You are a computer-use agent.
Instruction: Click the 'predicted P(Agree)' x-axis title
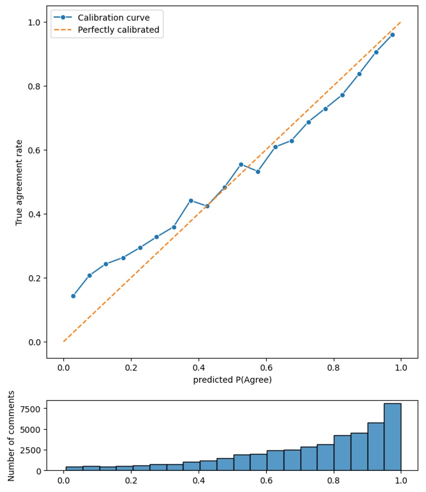tap(232, 380)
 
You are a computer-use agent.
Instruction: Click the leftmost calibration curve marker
tap(73, 296)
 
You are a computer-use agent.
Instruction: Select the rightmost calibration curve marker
tap(392, 35)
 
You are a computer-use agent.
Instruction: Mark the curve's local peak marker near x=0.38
tap(191, 201)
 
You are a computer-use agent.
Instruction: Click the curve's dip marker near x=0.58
tap(258, 171)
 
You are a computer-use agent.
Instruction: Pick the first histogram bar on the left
tap(74, 469)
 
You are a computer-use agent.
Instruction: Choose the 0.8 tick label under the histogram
tap(333, 480)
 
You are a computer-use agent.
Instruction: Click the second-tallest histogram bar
tap(376, 446)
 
